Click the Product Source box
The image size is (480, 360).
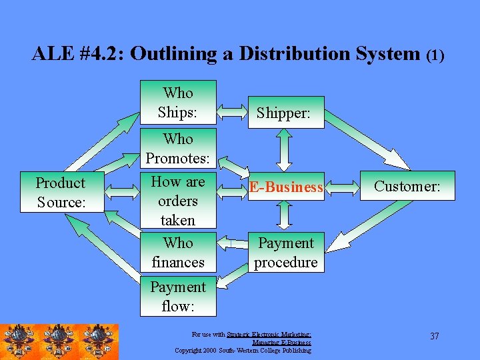61,193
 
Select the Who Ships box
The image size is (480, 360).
178,102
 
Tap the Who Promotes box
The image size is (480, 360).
178,149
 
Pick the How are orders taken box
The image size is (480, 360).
178,200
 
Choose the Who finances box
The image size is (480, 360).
178,253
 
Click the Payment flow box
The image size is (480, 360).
178,296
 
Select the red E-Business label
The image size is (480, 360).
285,188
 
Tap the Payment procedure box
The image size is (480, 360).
285,253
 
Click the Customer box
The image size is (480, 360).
407,186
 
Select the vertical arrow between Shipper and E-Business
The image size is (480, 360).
285,149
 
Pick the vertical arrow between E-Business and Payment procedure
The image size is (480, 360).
285,215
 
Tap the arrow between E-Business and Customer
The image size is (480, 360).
341,187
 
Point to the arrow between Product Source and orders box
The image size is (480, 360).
123,193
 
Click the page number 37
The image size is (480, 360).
435,336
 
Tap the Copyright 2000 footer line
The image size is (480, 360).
243,350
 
